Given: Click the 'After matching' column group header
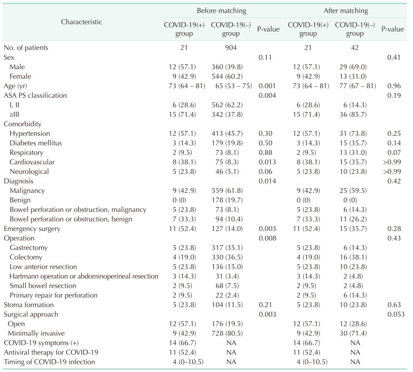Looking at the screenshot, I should tap(346, 10).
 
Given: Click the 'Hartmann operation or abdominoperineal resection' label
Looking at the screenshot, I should tap(84, 275).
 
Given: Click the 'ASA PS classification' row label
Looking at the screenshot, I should tap(36, 95).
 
